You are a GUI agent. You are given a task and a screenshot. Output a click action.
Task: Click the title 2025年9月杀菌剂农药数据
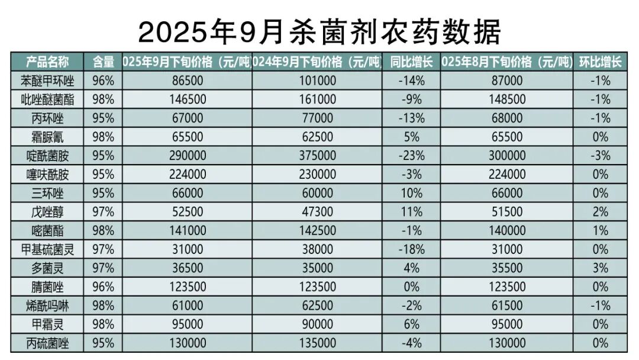[x=319, y=30]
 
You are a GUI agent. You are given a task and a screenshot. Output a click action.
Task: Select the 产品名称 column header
[x=47, y=62]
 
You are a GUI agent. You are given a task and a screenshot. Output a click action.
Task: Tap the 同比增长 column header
[x=411, y=62]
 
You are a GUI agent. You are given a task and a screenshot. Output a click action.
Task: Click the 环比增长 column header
[x=601, y=62]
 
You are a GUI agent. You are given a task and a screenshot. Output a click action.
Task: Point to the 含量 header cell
[x=103, y=62]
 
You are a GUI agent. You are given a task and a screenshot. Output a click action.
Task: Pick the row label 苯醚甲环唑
[x=47, y=81]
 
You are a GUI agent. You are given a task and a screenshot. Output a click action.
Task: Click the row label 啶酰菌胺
[x=47, y=156]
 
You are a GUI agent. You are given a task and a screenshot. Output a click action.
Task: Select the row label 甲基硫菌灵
[x=47, y=249]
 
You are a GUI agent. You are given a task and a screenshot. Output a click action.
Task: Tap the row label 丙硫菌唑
[x=47, y=343]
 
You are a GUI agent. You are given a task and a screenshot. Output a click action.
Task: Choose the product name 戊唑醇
[x=47, y=212]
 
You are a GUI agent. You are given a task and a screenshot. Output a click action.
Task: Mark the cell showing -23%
[x=411, y=156]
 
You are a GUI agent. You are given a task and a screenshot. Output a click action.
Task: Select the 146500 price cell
[x=187, y=99]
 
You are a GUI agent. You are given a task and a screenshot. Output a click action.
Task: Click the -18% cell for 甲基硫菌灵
[x=411, y=249]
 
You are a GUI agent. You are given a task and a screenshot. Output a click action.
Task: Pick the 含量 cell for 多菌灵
[x=103, y=268]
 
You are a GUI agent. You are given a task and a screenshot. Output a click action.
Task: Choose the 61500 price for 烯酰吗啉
[x=507, y=306]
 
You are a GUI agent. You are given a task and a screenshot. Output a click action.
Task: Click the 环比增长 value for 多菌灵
[x=601, y=268]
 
